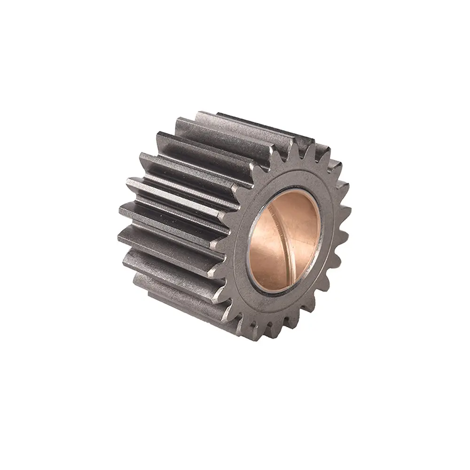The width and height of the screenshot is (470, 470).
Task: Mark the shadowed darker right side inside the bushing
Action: click(310, 235)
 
